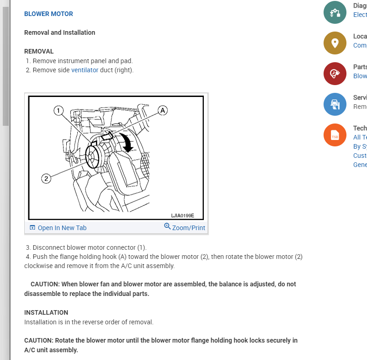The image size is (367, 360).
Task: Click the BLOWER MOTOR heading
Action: coord(48,14)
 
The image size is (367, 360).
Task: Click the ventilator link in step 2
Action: coord(85,70)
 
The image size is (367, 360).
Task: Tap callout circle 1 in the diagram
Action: coord(58,110)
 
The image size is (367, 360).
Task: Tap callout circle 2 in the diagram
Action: coord(46,178)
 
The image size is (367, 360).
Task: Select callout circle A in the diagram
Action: coord(163,110)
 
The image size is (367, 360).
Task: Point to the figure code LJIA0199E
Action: coord(182,215)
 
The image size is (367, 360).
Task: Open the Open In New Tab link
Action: coord(62,228)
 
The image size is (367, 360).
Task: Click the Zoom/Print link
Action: coord(188,228)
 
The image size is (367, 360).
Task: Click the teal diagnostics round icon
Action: coord(335,12)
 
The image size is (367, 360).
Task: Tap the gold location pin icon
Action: coord(335,43)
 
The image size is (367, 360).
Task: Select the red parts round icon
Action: coord(335,74)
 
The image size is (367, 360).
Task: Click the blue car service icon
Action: coord(335,104)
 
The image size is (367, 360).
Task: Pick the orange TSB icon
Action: coord(335,135)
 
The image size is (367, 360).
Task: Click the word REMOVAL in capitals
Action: coord(39,51)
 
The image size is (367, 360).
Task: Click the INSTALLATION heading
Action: coord(46,312)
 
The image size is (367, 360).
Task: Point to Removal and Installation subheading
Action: coord(59,32)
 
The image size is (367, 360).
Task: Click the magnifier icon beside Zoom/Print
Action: coord(167,226)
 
